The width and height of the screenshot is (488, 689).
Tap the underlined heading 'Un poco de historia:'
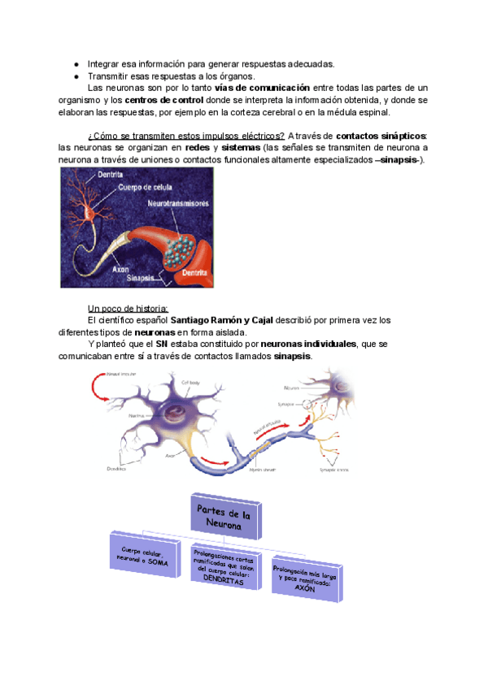click(128, 308)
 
